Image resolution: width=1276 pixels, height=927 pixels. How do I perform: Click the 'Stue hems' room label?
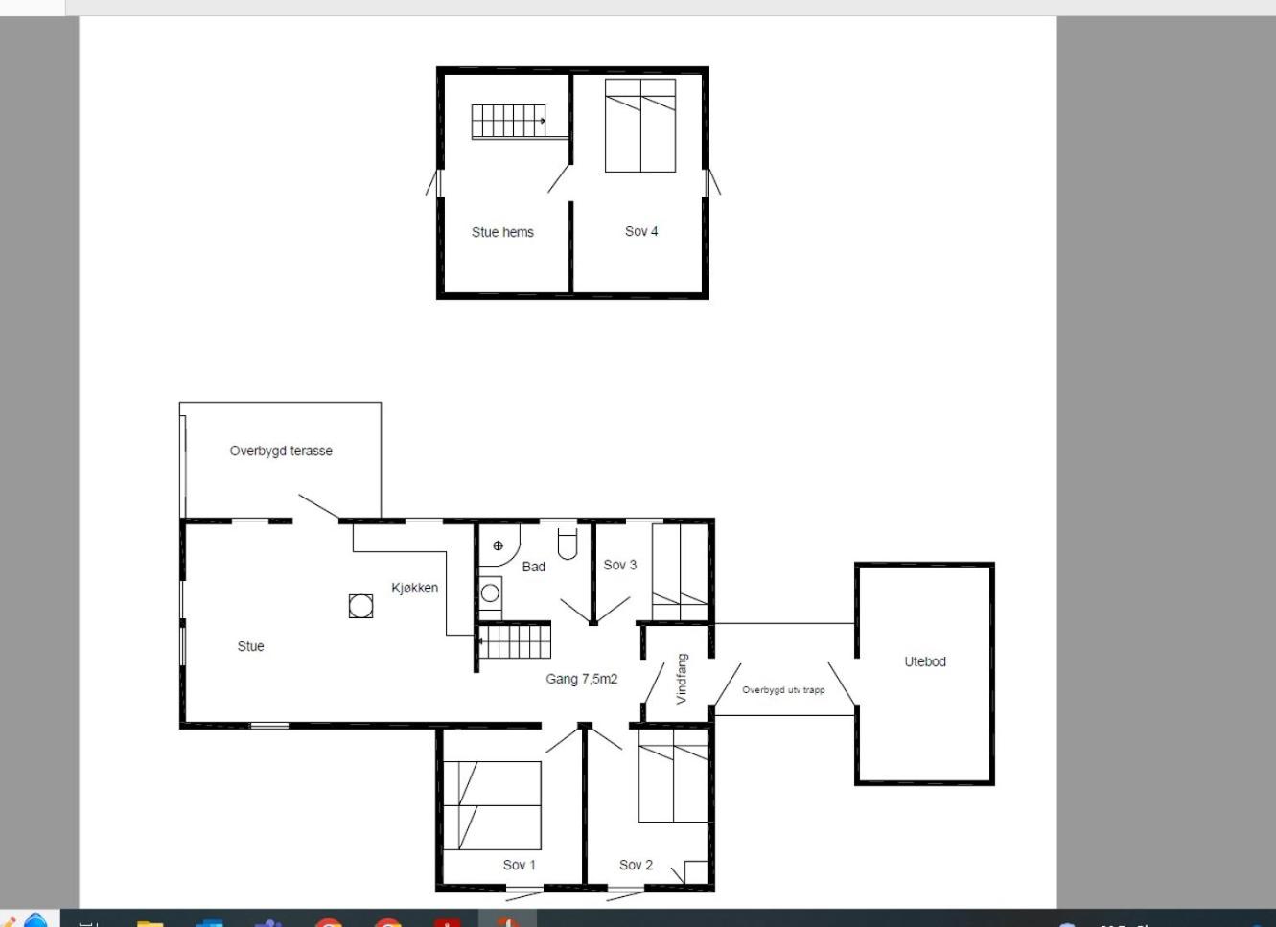pyautogui.click(x=502, y=232)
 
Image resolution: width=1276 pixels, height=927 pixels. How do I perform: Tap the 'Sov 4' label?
pyautogui.click(x=641, y=231)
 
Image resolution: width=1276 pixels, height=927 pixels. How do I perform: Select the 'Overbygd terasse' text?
pyautogui.click(x=281, y=451)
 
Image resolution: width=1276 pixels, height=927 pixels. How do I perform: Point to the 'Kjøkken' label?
pyautogui.click(x=415, y=588)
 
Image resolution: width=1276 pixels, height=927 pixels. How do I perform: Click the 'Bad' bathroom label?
pyautogui.click(x=534, y=567)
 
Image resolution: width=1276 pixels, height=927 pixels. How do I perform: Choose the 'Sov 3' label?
pyautogui.click(x=619, y=565)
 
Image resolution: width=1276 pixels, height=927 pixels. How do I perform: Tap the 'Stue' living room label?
pyautogui.click(x=250, y=646)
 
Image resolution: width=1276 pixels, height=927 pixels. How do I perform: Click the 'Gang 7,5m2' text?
pyautogui.click(x=582, y=679)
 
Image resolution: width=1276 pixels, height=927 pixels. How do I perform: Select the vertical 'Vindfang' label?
pyautogui.click(x=682, y=679)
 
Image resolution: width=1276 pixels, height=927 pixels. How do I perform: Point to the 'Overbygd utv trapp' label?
pyautogui.click(x=783, y=690)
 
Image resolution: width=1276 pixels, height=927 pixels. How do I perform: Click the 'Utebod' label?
pyautogui.click(x=925, y=661)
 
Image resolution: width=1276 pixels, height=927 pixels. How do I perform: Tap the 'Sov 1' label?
pyautogui.click(x=519, y=865)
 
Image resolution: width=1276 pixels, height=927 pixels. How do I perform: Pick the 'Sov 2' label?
pyautogui.click(x=636, y=865)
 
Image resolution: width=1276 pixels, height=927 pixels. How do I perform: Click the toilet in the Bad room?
pyautogui.click(x=568, y=544)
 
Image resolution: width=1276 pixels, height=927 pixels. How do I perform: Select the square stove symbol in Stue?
pyautogui.click(x=360, y=606)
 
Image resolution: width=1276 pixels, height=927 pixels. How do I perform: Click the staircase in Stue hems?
pyautogui.click(x=508, y=121)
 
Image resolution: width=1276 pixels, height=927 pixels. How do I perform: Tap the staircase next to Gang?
pyautogui.click(x=515, y=641)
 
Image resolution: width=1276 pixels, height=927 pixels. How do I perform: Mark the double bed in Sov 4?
pyautogui.click(x=640, y=126)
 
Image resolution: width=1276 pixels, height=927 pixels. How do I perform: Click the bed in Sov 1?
pyautogui.click(x=492, y=805)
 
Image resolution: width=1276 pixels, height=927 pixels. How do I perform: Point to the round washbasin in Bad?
pyautogui.click(x=490, y=593)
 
